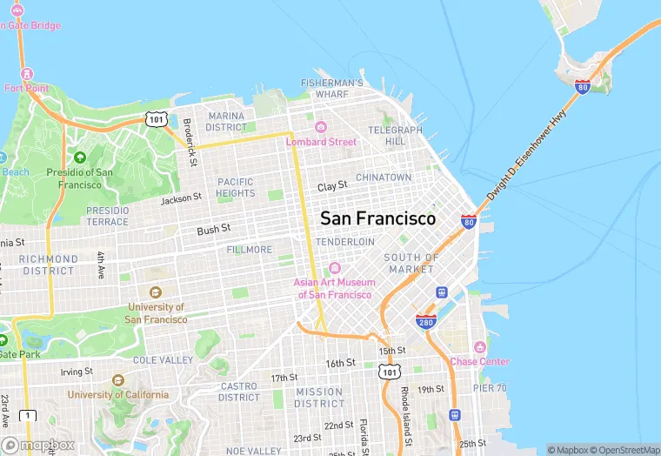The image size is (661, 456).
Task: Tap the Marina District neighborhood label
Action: [x=226, y=121]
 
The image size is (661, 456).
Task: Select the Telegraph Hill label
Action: [x=395, y=135]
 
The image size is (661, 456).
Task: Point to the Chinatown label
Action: [x=384, y=178]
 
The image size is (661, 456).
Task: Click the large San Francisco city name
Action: [x=378, y=218]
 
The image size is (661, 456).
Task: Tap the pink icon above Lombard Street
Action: [x=320, y=127]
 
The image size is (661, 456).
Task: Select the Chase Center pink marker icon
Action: [x=479, y=346]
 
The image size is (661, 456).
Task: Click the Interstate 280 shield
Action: [x=424, y=321]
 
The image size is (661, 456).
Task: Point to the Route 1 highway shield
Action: [x=30, y=416]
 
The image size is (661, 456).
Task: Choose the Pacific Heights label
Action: [x=235, y=187]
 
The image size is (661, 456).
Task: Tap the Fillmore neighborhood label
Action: [x=250, y=250]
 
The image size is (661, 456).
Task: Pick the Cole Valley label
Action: [x=163, y=359]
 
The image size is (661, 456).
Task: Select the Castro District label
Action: [x=238, y=392]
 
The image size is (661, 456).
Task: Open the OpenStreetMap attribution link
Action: [x=620, y=449]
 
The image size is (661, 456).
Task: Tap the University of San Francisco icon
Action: [x=156, y=292]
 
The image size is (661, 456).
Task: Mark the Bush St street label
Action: [x=213, y=229]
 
